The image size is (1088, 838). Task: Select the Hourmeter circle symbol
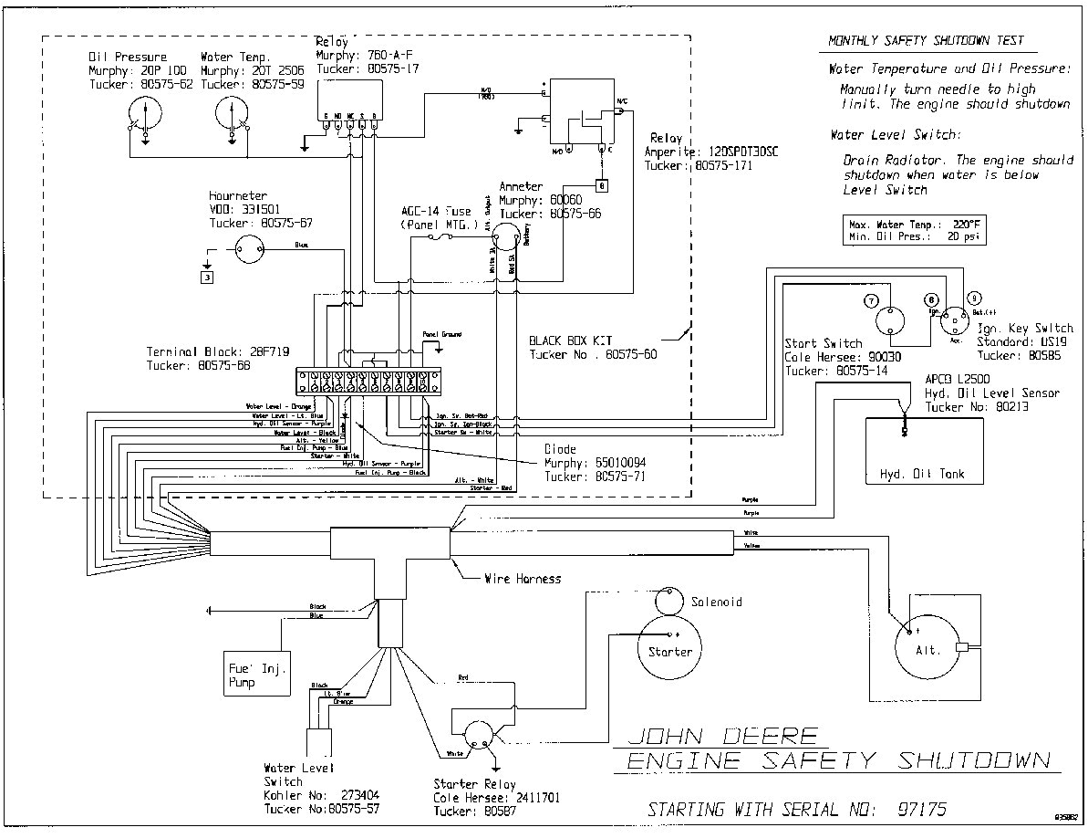(248, 246)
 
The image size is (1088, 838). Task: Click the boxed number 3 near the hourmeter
(207, 277)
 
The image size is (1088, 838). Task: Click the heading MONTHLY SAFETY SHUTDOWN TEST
(925, 41)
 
